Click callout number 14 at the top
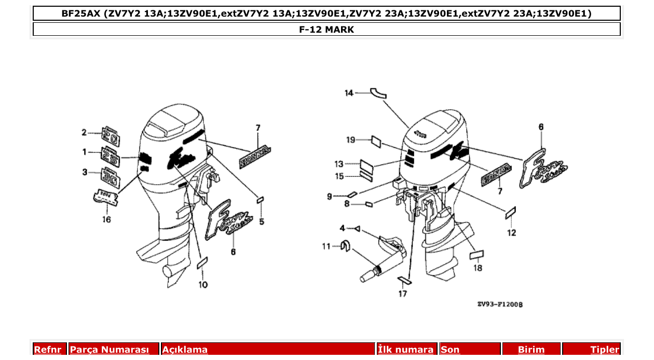click(349, 93)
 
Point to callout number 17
click(403, 294)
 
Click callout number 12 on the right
click(512, 233)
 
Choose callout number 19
click(351, 140)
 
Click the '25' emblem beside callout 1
click(110, 156)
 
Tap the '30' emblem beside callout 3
click(110, 177)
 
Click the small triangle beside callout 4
click(357, 228)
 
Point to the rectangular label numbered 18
click(476, 254)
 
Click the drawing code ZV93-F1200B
click(500, 304)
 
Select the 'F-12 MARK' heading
click(326, 30)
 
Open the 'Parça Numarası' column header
click(110, 350)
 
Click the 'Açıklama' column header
click(185, 350)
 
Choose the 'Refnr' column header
click(48, 350)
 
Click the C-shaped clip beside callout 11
click(343, 245)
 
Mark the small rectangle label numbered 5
click(261, 199)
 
